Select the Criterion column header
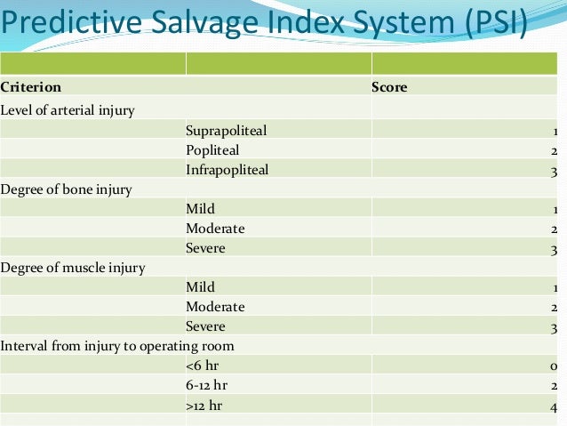pos(31,87)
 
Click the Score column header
pos(389,87)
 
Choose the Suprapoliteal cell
pos(227,131)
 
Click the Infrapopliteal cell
pos(228,169)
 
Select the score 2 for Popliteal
pos(554,150)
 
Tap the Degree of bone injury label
pos(67,189)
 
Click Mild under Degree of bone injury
pos(201,209)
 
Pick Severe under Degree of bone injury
pos(205,248)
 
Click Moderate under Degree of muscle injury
pos(215,307)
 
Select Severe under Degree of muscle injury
pos(205,326)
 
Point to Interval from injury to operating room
pos(117,345)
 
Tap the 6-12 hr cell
pos(207,385)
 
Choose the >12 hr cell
pos(204,406)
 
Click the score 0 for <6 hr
pos(553,366)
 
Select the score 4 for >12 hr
pos(553,406)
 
